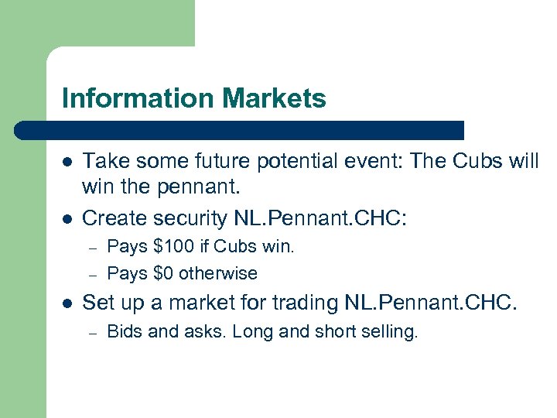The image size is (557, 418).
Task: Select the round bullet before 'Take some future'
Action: point(68,161)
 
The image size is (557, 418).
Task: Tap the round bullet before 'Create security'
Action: point(68,219)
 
